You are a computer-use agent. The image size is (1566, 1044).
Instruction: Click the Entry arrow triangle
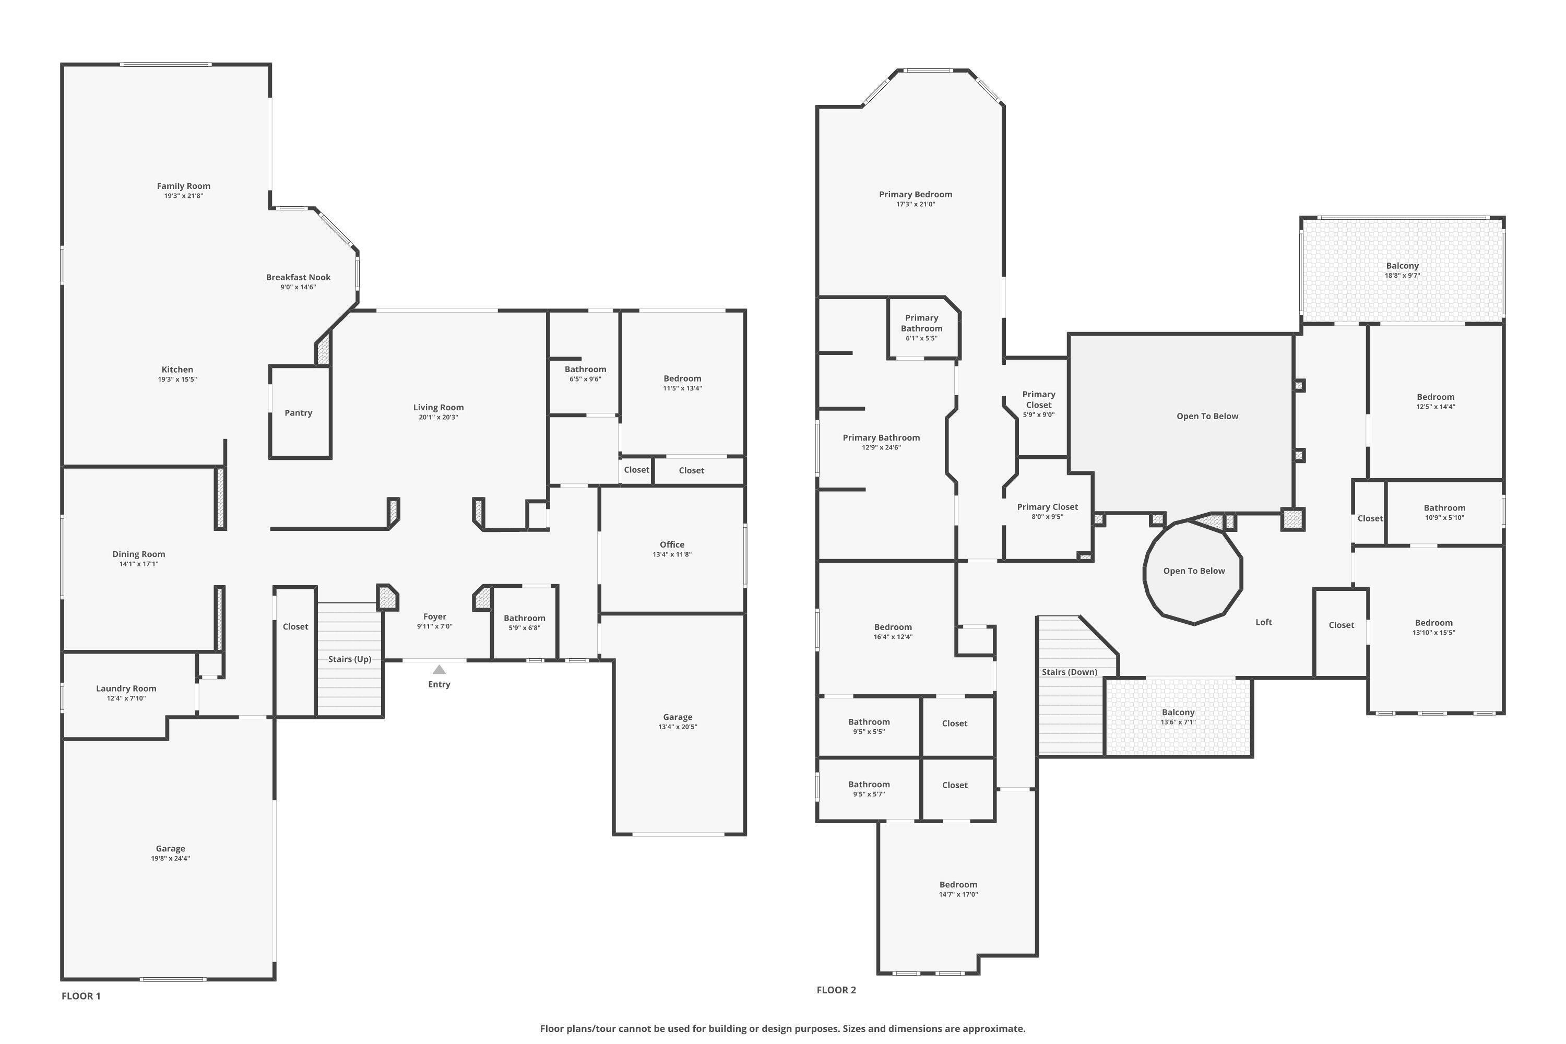point(439,670)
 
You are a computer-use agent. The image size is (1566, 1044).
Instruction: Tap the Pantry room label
point(298,413)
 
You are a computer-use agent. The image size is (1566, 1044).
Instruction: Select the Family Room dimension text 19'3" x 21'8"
point(184,196)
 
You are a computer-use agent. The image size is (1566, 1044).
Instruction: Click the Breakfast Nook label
point(298,278)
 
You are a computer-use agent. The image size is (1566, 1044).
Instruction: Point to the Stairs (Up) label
point(350,659)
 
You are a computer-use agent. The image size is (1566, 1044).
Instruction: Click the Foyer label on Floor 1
point(435,616)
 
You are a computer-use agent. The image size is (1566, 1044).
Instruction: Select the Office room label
point(672,544)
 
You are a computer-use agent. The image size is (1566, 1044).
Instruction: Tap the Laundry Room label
point(126,689)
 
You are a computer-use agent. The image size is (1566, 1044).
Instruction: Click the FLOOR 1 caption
point(81,996)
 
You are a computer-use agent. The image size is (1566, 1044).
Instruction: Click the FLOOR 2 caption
point(836,990)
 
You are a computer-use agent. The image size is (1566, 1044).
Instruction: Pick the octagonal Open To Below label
point(1194,571)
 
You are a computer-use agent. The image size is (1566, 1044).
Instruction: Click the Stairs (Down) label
point(1069,672)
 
